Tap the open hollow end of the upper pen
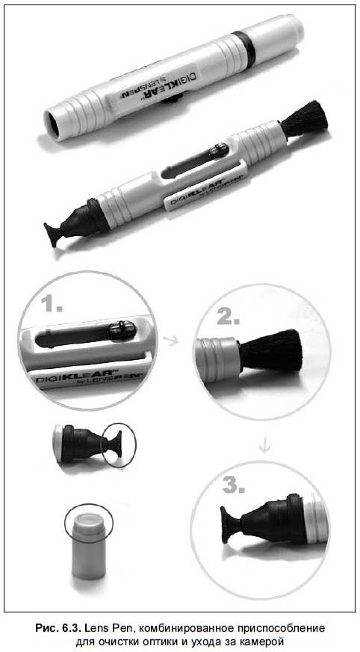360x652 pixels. click(x=53, y=122)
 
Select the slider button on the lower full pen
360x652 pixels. click(x=219, y=150)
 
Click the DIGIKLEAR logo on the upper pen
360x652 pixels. click(x=160, y=84)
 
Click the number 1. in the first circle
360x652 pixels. click(x=52, y=305)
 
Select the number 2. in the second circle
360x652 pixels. click(x=228, y=317)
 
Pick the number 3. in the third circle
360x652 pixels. click(x=233, y=485)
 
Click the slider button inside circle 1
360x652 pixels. click(x=122, y=331)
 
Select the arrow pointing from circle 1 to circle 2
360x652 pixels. click(x=170, y=341)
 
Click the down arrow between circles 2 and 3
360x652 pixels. click(x=264, y=446)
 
